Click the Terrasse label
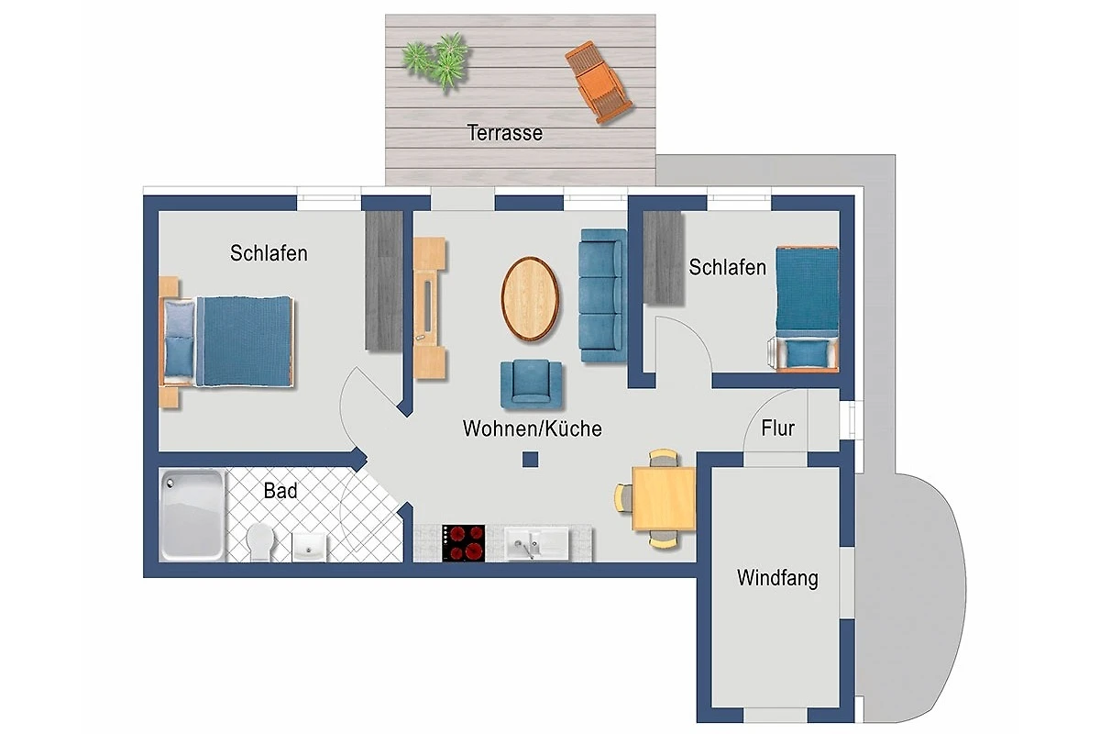point(505,133)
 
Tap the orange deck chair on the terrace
point(598,82)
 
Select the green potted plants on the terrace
point(435,61)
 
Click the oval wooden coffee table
point(530,298)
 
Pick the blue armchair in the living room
point(532,384)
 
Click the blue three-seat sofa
point(603,295)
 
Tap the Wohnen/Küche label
point(533,428)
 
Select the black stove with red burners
point(464,543)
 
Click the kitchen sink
point(537,544)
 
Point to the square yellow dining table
point(664,498)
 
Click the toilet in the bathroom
point(259,542)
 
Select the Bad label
point(280,491)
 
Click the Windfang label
point(778,578)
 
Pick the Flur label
point(778,428)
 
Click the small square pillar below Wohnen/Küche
point(531,460)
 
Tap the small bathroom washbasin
point(309,547)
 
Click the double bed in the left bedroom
point(227,341)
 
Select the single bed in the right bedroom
point(806,307)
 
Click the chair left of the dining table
point(623,498)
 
